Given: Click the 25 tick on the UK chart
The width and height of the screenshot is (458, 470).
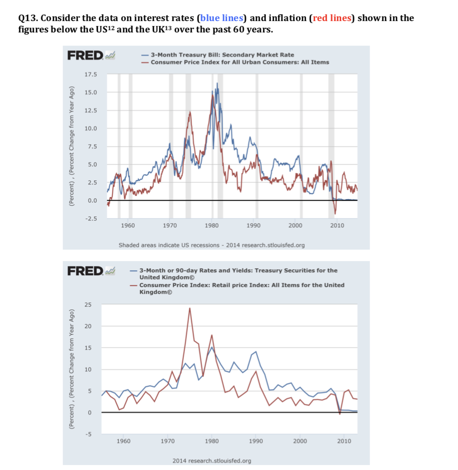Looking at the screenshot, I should pos(88,304).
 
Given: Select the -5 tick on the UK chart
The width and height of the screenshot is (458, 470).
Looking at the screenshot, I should pos(89,434).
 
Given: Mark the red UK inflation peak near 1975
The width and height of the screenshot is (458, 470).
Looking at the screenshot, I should pos(190,308).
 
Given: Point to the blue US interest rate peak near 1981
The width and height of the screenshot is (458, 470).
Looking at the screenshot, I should pos(218,84).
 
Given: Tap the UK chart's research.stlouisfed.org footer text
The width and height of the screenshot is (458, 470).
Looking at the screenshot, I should pos(211,460).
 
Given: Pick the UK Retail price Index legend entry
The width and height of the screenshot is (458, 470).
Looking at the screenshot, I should pos(242,288).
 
